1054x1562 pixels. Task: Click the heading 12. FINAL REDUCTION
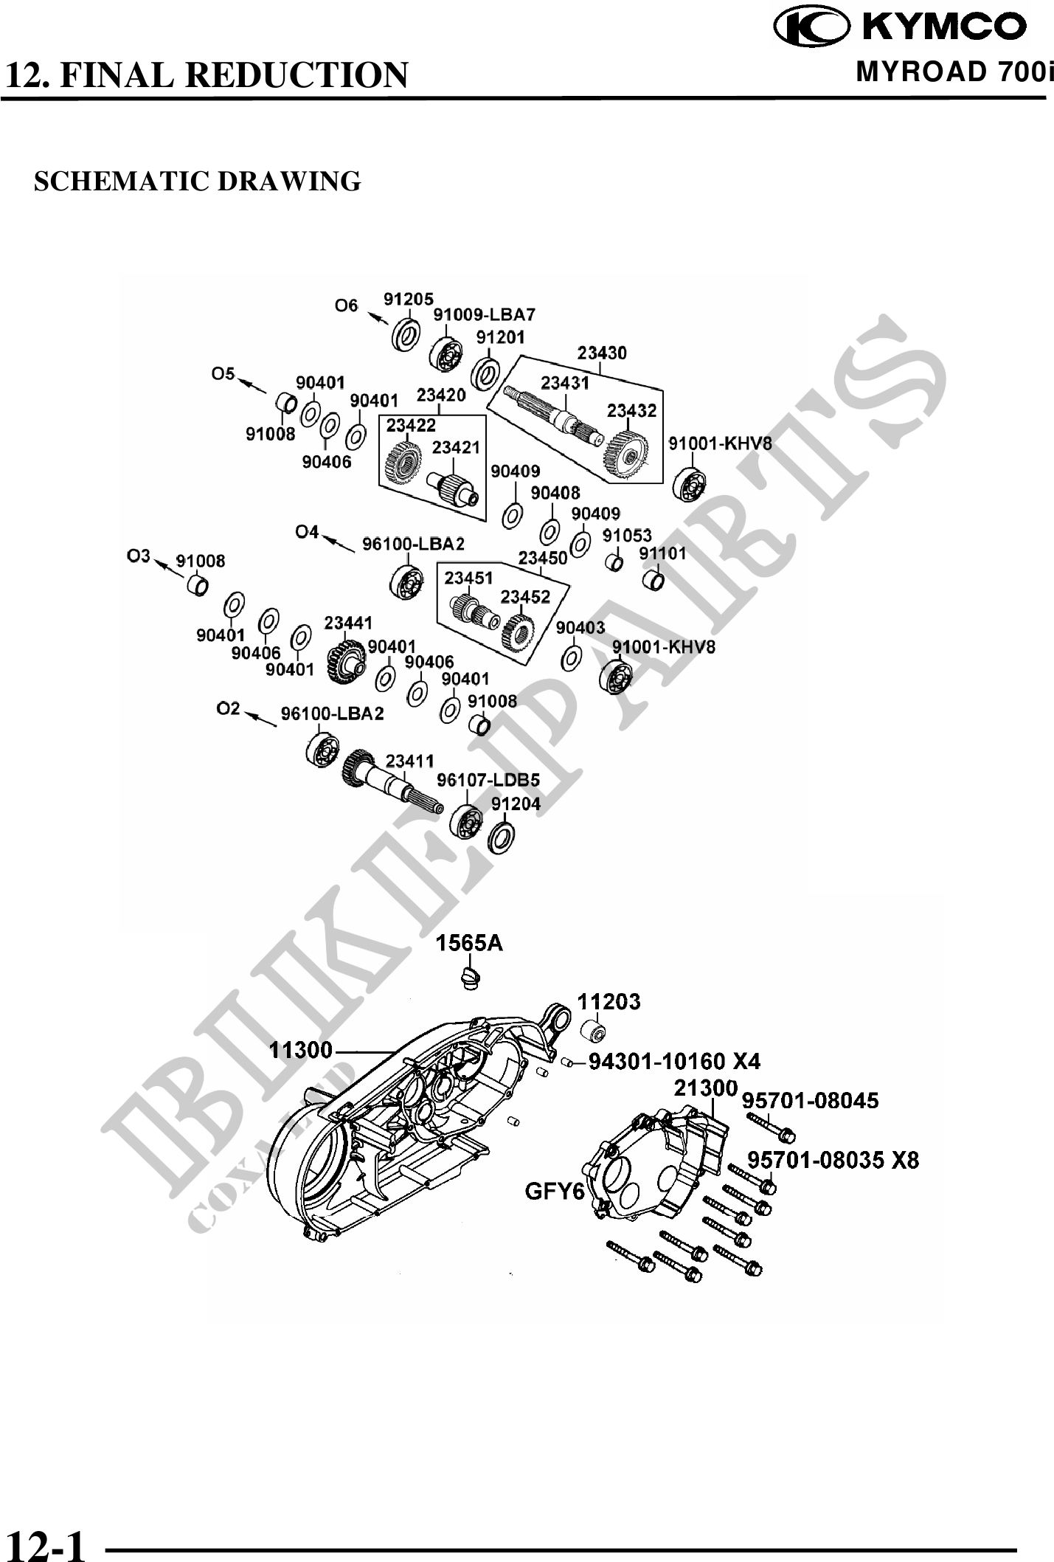pos(206,75)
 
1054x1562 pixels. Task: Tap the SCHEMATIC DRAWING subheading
pos(198,181)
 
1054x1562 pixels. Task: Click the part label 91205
pos(408,298)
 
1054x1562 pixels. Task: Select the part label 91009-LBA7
pos(484,314)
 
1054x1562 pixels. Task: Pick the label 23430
pos(602,353)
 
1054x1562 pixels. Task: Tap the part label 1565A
pos(469,943)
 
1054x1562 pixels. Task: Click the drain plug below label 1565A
pos(469,978)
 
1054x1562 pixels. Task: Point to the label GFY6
pos(555,1191)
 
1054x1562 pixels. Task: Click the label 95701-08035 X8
pos(833,1160)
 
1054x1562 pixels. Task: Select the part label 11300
pos(301,1049)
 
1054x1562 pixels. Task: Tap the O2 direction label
pos(228,708)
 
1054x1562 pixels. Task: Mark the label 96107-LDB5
pos(488,780)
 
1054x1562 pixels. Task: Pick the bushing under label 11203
pos(594,1030)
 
